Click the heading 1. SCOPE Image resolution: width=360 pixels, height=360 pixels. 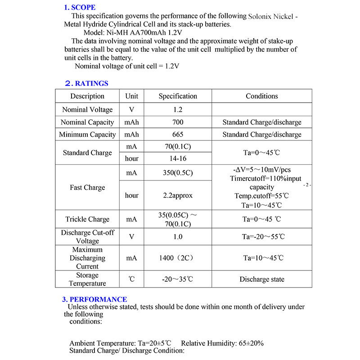point(80,7)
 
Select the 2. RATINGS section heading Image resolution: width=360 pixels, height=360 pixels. point(87,83)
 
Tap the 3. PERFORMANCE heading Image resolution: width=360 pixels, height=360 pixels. point(94,299)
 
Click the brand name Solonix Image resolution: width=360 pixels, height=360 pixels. point(261,16)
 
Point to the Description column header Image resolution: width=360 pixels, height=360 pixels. point(87,96)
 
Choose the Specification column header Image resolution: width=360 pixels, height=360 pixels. point(178,96)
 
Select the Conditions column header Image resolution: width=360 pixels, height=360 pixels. point(261,96)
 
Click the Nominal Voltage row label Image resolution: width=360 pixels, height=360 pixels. point(87,110)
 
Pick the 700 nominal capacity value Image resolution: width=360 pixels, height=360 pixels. point(178,122)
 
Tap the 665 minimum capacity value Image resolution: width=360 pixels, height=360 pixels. point(178,135)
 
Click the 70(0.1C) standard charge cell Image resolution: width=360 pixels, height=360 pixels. point(178,147)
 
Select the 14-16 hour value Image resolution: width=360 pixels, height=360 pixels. point(178,159)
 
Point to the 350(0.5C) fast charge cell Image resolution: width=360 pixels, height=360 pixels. point(178,172)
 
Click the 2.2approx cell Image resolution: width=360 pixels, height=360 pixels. point(178,196)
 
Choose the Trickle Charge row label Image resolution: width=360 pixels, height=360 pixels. point(87,220)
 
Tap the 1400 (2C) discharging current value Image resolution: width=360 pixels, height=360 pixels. point(178,258)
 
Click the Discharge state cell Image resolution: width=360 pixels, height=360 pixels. point(261,279)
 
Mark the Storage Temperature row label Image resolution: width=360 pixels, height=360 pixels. point(87,279)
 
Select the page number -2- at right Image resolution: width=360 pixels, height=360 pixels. point(308,185)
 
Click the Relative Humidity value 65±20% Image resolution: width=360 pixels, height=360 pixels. point(249,343)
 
